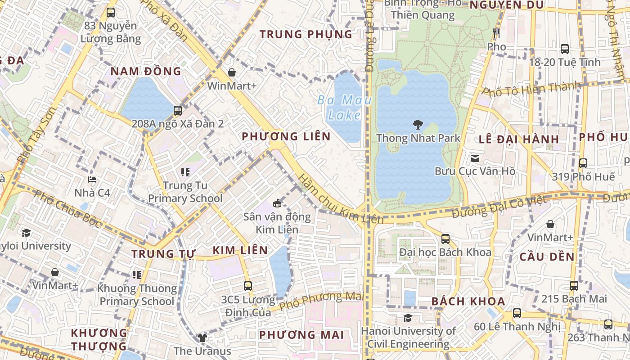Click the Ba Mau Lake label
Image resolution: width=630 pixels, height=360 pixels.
pyautogui.click(x=344, y=107)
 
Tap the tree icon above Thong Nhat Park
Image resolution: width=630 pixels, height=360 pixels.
pyautogui.click(x=418, y=125)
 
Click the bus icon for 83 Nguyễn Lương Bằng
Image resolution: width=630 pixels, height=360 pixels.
pyautogui.click(x=110, y=13)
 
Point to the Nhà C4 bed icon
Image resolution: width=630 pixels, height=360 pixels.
pyautogui.click(x=92, y=180)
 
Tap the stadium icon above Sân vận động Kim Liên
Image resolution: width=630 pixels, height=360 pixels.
pyautogui.click(x=277, y=203)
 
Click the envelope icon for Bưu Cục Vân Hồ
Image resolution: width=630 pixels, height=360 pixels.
pyautogui.click(x=475, y=158)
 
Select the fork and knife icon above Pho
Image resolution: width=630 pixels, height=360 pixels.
pyautogui.click(x=496, y=33)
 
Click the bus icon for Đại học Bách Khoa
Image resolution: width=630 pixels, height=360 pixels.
pyautogui.click(x=445, y=238)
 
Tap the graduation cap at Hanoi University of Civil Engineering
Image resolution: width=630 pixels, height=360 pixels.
pyautogui.click(x=408, y=318)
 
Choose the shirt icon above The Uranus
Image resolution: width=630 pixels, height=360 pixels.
pyautogui.click(x=202, y=337)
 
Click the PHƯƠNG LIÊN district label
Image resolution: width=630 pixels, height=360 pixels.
pyautogui.click(x=286, y=136)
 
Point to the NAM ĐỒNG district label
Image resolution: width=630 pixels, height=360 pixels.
pyautogui.click(x=146, y=71)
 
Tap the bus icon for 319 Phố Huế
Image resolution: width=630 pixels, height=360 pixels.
pyautogui.click(x=583, y=163)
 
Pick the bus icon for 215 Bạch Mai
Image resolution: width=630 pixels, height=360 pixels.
pyautogui.click(x=574, y=285)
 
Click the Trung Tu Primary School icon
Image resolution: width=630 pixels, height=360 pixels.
pyautogui.click(x=185, y=172)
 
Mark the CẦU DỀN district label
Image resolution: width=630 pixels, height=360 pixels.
pyautogui.click(x=547, y=257)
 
